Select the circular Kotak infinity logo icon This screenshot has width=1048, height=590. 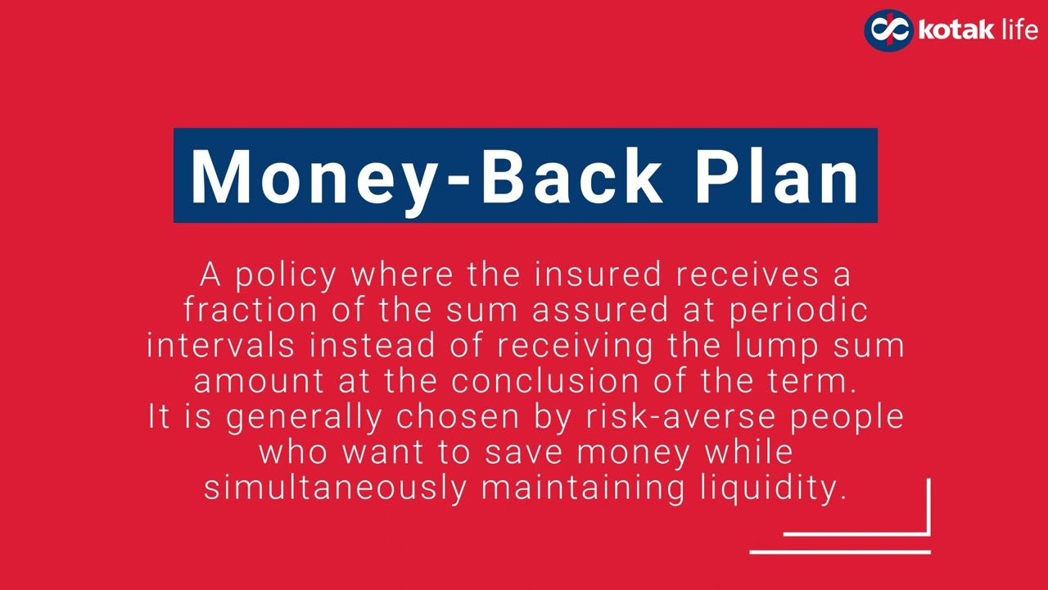point(888,30)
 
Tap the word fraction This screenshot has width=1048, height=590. point(250,311)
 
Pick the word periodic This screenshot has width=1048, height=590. point(798,311)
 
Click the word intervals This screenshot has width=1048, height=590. point(221,346)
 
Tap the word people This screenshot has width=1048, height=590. point(847,417)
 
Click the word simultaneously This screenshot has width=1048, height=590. point(335,488)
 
